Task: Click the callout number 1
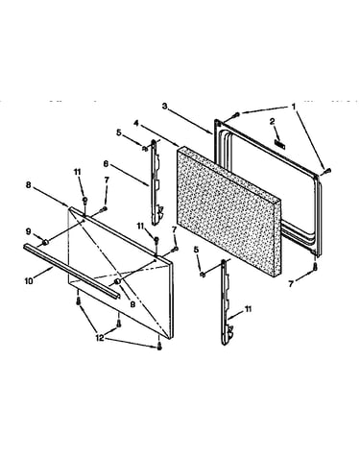coord(294,107)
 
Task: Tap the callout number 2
coord(272,121)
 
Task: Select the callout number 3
coord(164,107)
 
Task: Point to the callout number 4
coord(136,123)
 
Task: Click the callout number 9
coord(29,231)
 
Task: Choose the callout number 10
coord(29,281)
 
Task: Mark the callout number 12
coord(100,338)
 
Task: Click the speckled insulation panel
coord(228,211)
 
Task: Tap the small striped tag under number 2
coord(279,144)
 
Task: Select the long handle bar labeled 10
coord(72,272)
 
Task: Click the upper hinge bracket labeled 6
coord(155,182)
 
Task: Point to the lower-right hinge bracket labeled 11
coord(227,302)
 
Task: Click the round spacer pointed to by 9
coord(45,242)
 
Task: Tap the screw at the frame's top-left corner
coord(237,114)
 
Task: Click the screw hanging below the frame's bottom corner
coord(315,266)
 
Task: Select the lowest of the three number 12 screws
coord(159,346)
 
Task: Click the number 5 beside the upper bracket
coord(119,132)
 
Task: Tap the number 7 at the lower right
coord(291,283)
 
